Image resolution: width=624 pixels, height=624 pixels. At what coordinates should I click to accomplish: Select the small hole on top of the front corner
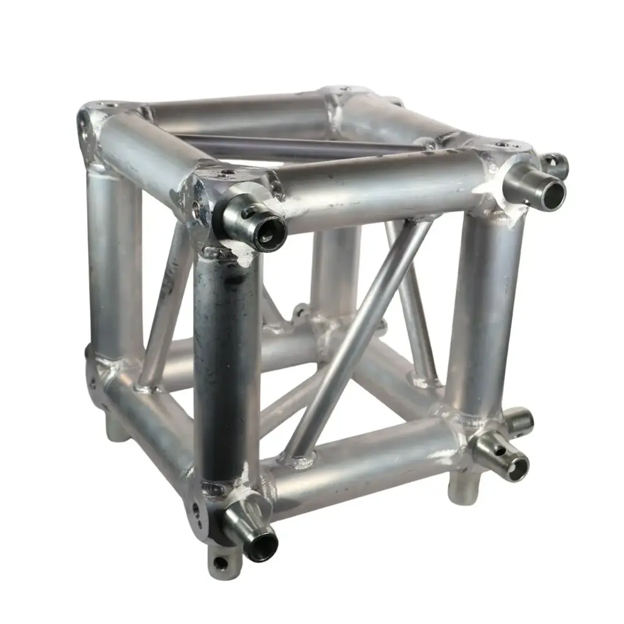pos(227,173)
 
